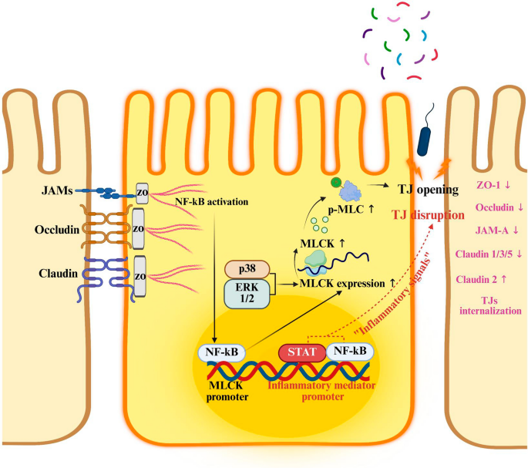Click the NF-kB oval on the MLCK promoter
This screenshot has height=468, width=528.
(x=222, y=352)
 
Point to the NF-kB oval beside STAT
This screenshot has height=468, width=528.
(x=350, y=352)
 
